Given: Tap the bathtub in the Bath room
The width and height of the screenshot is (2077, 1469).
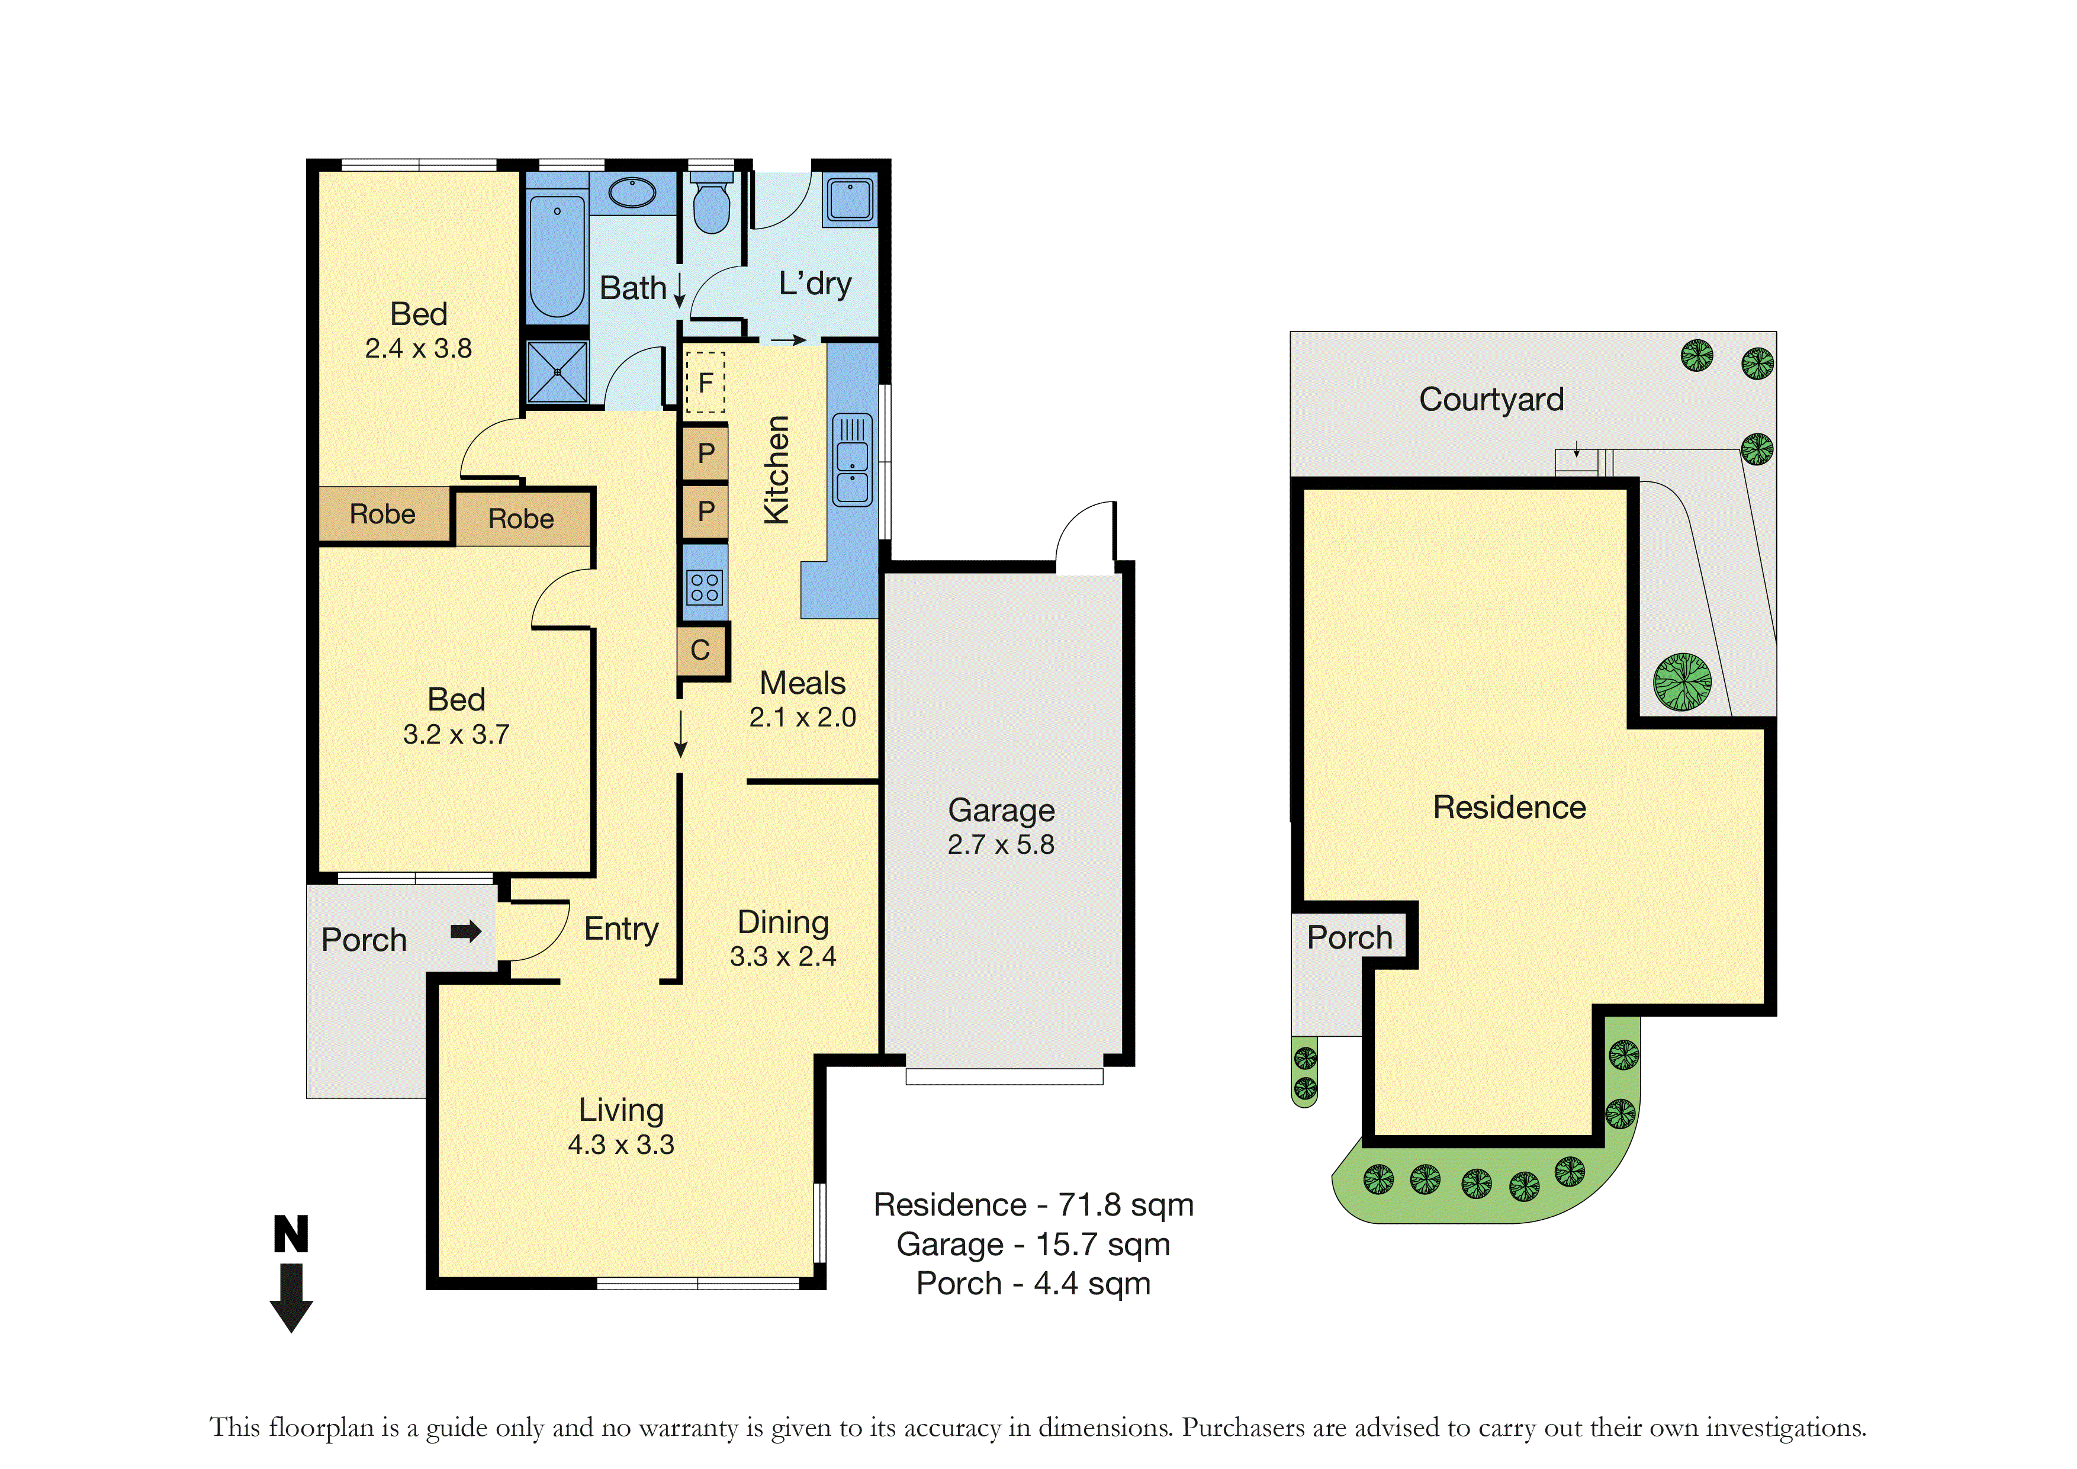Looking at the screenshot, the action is (557, 255).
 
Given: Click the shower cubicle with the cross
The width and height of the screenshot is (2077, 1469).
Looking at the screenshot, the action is (557, 372).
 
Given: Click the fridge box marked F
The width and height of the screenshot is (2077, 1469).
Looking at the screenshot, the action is (705, 382).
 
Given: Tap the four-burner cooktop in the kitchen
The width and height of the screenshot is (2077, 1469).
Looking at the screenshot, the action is (705, 587).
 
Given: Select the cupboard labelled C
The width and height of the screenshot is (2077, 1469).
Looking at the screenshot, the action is (701, 650).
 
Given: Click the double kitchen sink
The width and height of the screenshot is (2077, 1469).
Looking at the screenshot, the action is (852, 459).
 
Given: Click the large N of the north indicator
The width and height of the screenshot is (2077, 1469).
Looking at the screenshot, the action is (291, 1234).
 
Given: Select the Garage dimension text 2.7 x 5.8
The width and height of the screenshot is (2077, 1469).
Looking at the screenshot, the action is (1001, 845).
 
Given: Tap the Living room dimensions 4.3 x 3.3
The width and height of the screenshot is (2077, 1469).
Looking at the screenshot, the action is (620, 1145).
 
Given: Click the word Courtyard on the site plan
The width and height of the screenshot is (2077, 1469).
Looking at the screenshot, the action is (1491, 400).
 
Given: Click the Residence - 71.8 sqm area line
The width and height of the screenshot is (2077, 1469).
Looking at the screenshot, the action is (1033, 1205).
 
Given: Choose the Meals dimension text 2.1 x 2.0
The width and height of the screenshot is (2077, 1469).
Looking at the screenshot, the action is (802, 717).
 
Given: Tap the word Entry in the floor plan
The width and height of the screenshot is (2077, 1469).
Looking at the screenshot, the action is (622, 930).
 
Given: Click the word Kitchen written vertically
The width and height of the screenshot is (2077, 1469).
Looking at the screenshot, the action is (776, 470).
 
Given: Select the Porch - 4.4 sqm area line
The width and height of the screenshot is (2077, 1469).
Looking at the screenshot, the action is (1033, 1284).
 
